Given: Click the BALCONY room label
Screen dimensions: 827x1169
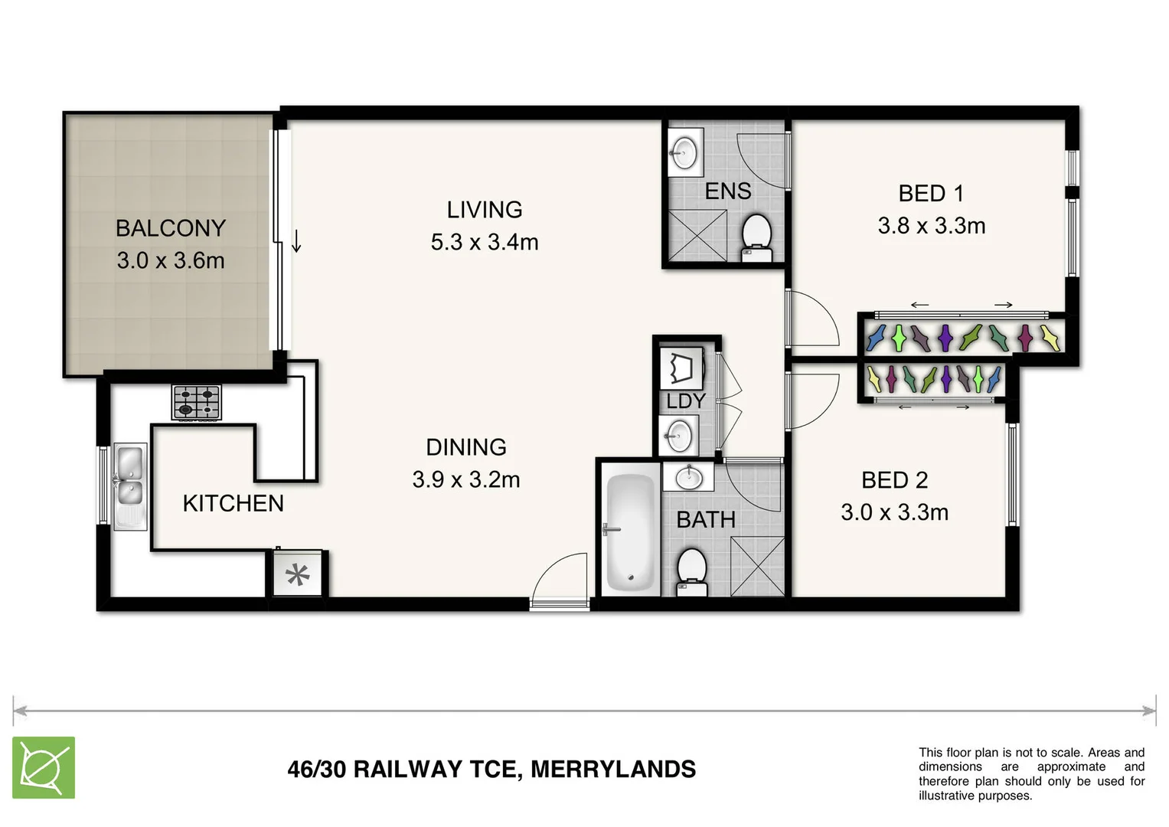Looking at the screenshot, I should (x=170, y=228).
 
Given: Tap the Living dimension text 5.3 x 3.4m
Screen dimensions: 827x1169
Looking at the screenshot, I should (x=484, y=242).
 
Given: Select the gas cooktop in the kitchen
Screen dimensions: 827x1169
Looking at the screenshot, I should (x=197, y=402).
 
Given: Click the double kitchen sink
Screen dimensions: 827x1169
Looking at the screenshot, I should (x=129, y=485).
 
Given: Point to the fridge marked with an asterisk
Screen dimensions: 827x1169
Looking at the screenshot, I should (x=298, y=574).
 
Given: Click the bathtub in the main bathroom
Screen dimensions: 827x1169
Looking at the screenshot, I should (x=631, y=533).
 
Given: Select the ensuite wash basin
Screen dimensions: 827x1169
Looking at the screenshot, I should (x=683, y=149).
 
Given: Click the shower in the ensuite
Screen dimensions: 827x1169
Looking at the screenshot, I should (x=696, y=236).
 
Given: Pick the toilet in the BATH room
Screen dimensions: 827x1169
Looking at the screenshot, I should (x=693, y=571).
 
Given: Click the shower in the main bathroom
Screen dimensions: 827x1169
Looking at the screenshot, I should (x=757, y=567).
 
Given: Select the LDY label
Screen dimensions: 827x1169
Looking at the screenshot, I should (x=685, y=400).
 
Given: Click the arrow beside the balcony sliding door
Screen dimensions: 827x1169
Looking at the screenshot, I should (x=296, y=241).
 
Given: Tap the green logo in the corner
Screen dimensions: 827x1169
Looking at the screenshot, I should (x=44, y=767).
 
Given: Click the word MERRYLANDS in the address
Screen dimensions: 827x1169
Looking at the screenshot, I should (x=613, y=769).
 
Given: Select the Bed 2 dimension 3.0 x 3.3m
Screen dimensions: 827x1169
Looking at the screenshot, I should (x=894, y=512).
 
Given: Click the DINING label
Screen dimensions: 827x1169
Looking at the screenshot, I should (x=465, y=447).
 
